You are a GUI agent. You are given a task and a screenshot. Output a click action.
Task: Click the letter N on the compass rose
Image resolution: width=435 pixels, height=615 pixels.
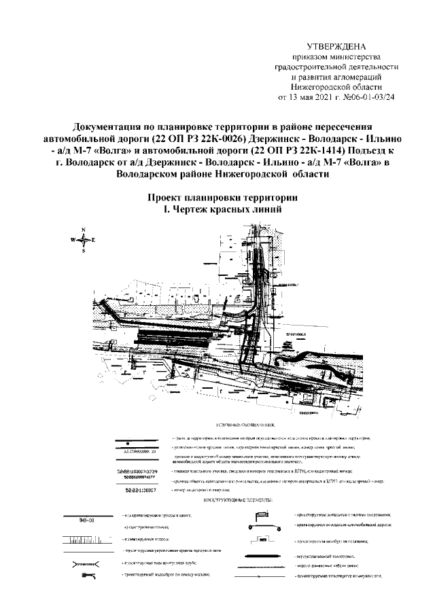tap(83, 230)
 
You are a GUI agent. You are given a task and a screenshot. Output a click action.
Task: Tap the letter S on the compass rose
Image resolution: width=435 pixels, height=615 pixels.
tap(83, 251)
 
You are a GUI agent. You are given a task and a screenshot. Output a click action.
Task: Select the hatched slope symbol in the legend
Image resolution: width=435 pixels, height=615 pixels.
tap(85, 541)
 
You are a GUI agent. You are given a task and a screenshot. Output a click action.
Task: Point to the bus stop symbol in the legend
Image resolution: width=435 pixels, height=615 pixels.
tap(268, 540)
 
